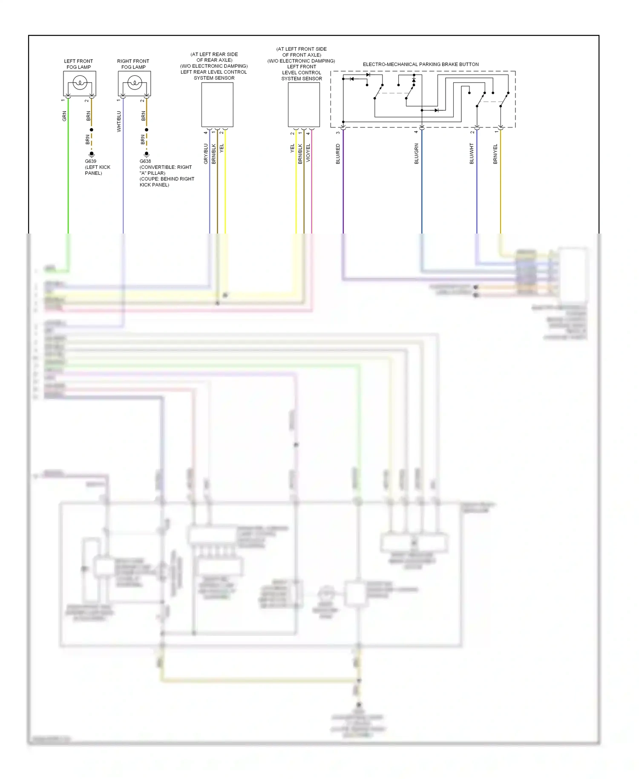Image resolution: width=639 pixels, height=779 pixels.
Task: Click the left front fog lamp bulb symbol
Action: [80, 83]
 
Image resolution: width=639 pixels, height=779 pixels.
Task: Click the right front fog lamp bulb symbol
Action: [135, 83]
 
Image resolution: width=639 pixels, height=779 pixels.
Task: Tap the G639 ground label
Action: [90, 162]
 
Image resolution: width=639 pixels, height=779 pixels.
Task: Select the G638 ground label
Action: [145, 162]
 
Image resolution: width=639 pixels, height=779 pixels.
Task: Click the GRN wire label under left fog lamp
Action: [64, 116]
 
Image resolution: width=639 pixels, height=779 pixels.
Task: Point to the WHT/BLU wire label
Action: [119, 121]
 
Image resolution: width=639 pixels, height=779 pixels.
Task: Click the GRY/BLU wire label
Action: [206, 154]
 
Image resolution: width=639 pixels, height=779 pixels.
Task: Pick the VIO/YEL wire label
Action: [308, 153]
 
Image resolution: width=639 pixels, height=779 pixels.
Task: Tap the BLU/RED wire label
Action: [338, 154]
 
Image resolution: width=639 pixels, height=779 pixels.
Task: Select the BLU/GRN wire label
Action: [416, 154]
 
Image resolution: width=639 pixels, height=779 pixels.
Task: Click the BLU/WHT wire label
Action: [472, 154]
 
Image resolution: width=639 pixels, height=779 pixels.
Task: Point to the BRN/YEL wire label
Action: [495, 154]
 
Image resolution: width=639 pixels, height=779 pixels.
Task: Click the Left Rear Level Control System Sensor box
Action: [217, 105]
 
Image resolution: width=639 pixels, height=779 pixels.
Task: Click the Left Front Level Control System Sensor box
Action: [304, 105]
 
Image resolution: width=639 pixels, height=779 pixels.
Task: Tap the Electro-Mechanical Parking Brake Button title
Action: [420, 64]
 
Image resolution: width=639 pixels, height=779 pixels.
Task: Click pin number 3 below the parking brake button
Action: [338, 133]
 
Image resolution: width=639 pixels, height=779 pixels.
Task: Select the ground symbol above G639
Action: [91, 154]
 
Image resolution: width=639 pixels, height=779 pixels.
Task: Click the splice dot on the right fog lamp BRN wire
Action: [147, 130]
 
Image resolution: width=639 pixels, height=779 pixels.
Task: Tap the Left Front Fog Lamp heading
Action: [78, 64]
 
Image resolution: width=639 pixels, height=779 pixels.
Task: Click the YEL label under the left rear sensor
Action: [222, 148]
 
